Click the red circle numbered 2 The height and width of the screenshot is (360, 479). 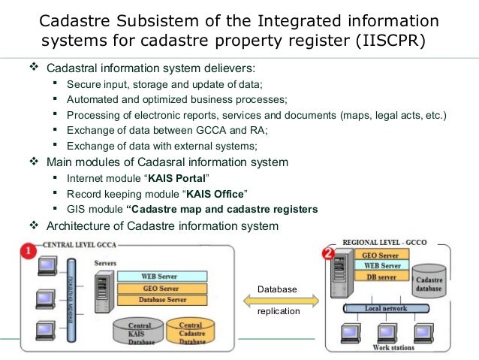(327, 253)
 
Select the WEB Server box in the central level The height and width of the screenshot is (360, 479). (158, 277)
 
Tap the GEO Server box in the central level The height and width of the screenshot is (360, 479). (158, 288)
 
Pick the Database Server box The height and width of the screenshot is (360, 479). (158, 300)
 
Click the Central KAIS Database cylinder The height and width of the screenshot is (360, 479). (140, 331)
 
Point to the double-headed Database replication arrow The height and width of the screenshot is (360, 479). (277, 300)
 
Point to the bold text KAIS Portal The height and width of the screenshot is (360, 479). (179, 178)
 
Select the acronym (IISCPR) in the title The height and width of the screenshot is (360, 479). (389, 39)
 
